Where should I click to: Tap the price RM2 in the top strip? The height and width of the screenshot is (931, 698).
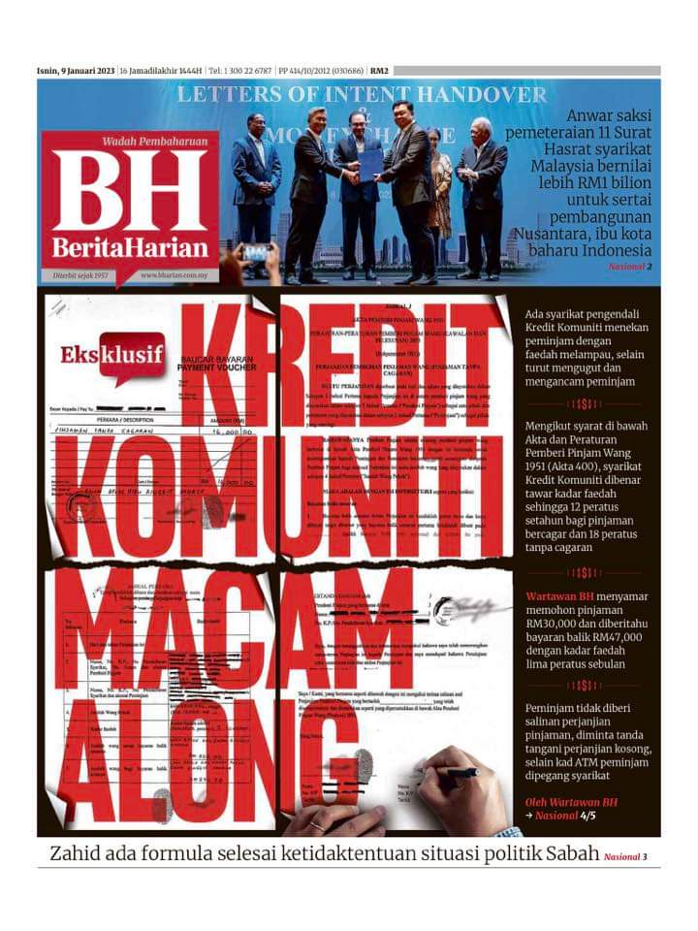coord(379,71)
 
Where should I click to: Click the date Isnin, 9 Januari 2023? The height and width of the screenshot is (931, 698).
coord(76,71)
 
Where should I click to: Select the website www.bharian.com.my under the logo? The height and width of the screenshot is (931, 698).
coord(175,275)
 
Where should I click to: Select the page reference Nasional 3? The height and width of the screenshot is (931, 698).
coord(624,857)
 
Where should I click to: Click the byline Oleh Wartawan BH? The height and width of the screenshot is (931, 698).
coord(571,802)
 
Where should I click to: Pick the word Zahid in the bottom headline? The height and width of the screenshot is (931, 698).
coord(77,854)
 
